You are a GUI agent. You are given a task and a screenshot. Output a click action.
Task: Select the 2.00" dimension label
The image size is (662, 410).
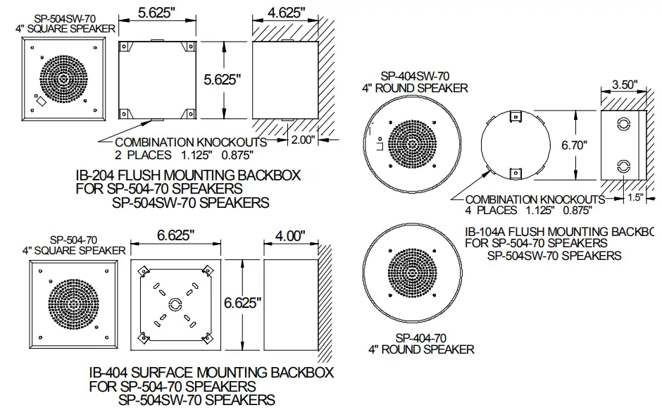pyautogui.click(x=304, y=140)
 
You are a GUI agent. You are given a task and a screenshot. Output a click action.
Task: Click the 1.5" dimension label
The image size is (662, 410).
pyautogui.click(x=635, y=198)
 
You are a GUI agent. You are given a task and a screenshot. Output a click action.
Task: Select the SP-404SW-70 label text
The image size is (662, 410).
pyautogui.click(x=415, y=75)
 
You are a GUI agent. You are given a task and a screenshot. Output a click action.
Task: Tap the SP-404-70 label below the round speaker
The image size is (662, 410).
pyautogui.click(x=421, y=337)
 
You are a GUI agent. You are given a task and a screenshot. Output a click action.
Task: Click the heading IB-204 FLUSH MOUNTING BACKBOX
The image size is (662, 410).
pyautogui.click(x=188, y=174)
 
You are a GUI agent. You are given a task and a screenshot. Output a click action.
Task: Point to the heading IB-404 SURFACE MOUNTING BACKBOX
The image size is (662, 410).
pyautogui.click(x=211, y=372)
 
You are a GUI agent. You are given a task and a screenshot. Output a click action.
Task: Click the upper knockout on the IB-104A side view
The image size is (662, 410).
pyautogui.click(x=622, y=124)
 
